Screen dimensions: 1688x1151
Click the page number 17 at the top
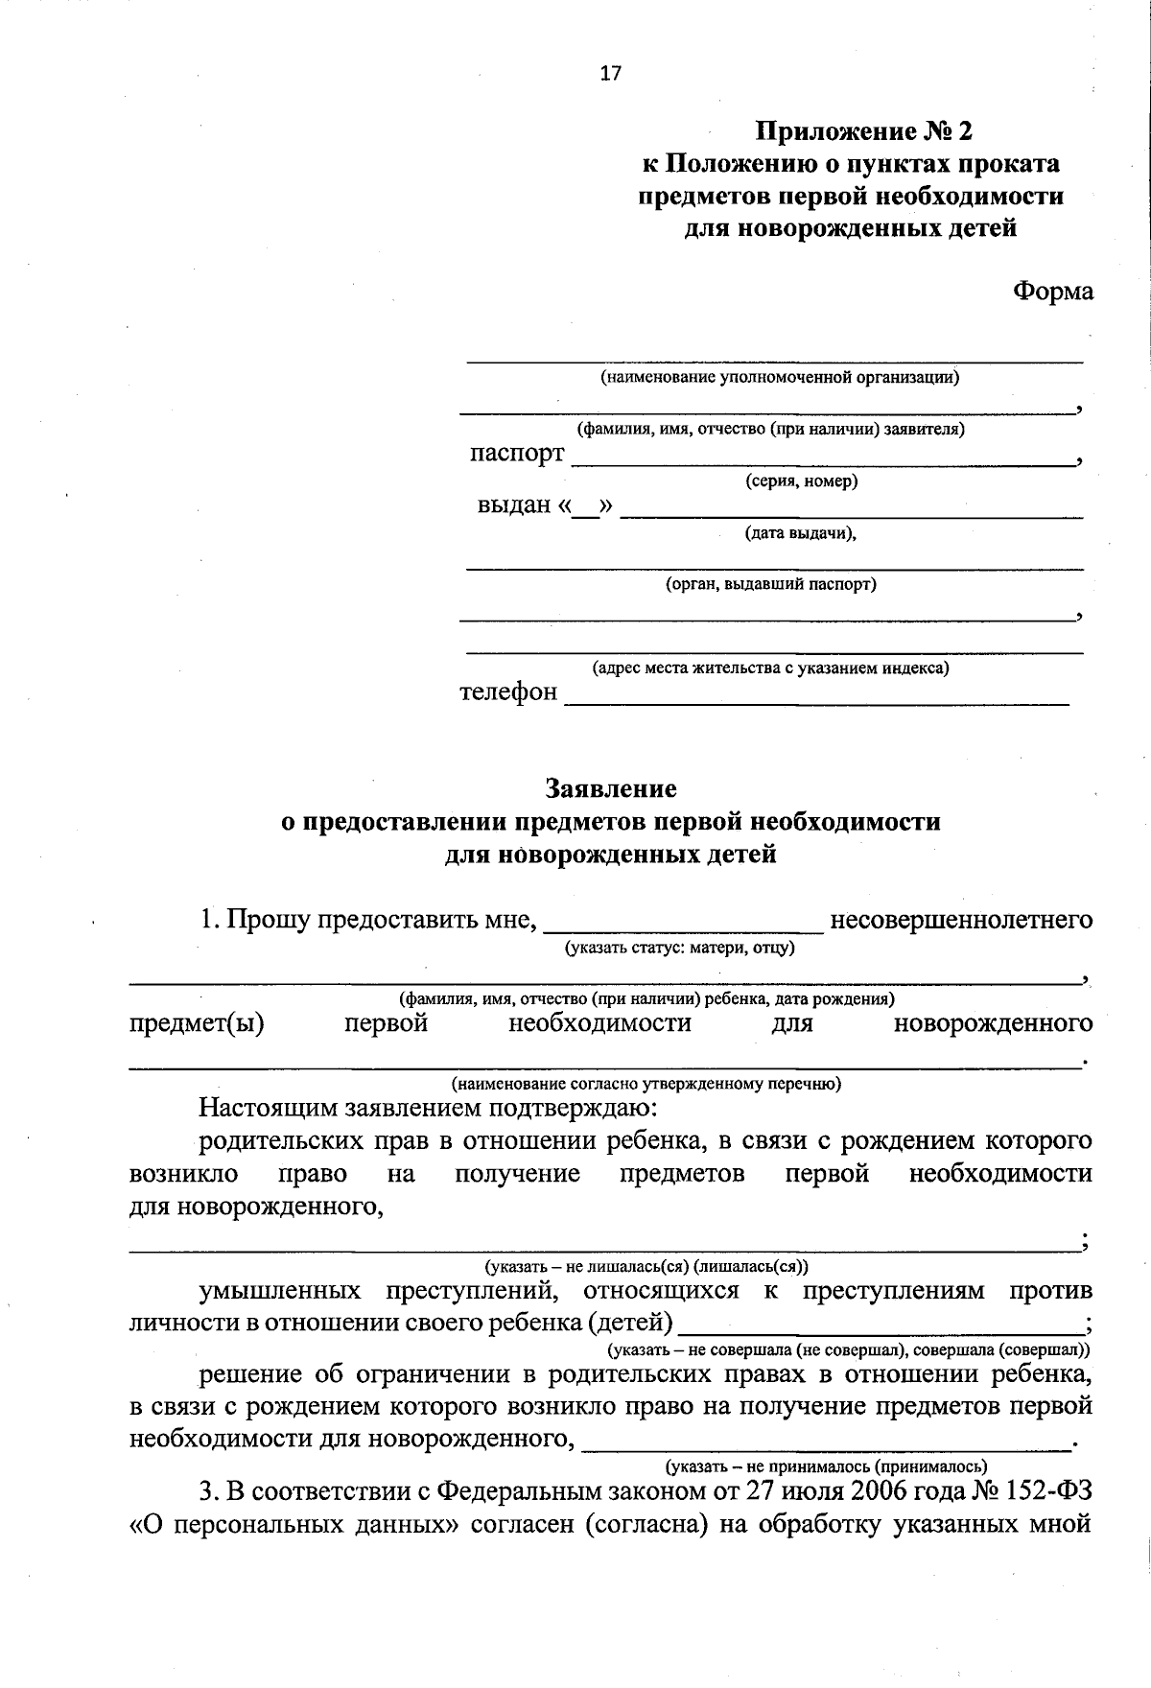coord(611,74)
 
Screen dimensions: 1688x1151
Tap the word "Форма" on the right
coord(1053,292)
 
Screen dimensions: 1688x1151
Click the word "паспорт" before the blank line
coord(517,454)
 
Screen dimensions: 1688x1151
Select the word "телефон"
coord(508,692)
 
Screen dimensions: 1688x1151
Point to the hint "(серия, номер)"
coord(802,481)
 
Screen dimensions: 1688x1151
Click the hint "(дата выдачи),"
coord(801,533)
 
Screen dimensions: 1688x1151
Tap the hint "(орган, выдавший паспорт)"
coord(771,583)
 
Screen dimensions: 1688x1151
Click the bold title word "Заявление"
coord(611,788)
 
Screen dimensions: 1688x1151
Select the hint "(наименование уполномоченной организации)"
coord(780,377)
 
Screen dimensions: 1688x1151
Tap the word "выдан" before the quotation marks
coord(514,504)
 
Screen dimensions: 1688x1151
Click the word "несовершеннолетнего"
coord(961,921)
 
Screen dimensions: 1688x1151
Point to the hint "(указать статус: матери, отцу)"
coord(680,949)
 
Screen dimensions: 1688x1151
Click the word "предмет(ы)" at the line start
coord(197,1023)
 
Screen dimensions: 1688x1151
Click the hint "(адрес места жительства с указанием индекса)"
coord(770,668)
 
